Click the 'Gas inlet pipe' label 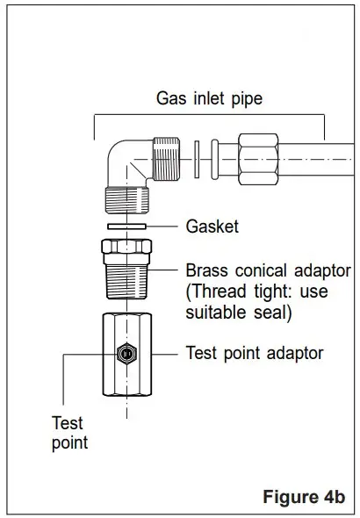point(209,98)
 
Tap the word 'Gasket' point(212,227)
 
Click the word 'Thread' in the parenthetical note point(216,291)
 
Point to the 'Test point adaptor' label point(255,353)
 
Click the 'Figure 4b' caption point(304,496)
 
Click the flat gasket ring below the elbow point(125,227)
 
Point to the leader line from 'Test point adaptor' point(164,354)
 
